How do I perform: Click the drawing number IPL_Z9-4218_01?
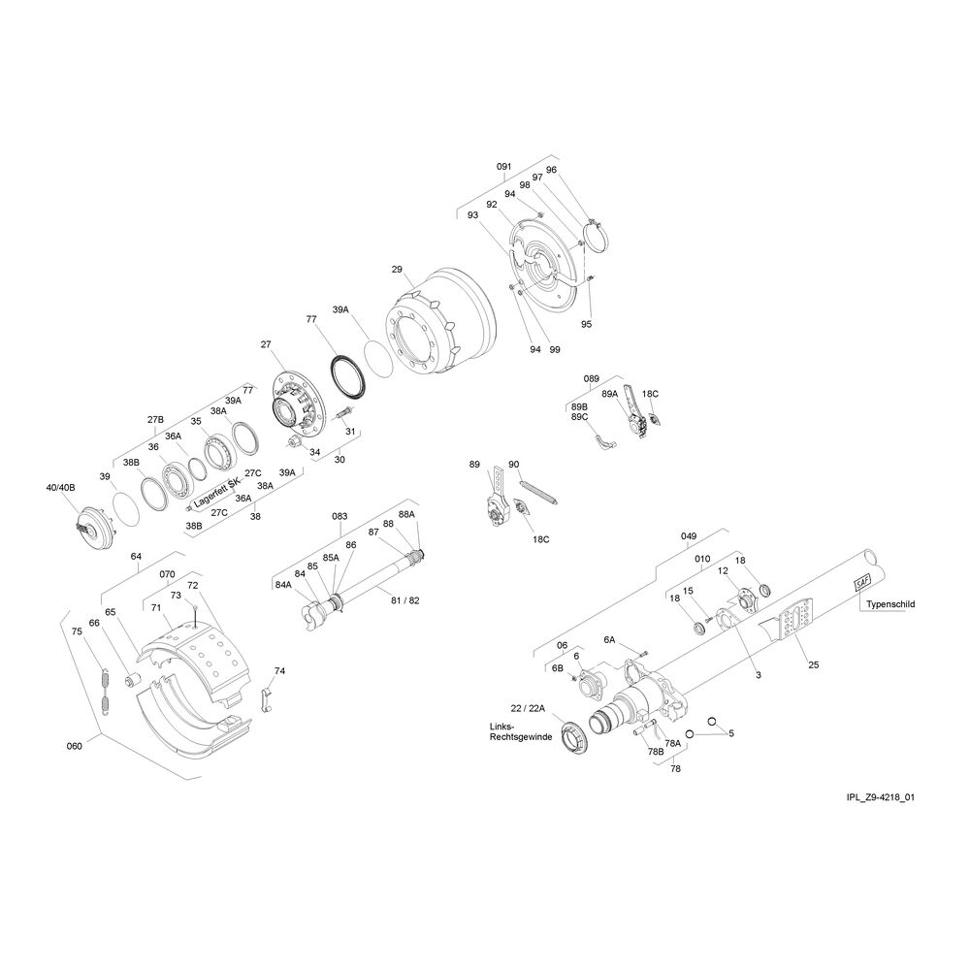(881, 796)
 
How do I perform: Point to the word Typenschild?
(890, 603)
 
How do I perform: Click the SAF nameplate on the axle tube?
(862, 583)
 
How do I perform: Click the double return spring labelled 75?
(106, 689)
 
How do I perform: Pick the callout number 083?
(339, 516)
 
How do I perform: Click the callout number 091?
(504, 167)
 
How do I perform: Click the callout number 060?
(75, 745)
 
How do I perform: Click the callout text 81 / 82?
(405, 600)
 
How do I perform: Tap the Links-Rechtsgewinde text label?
(520, 731)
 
